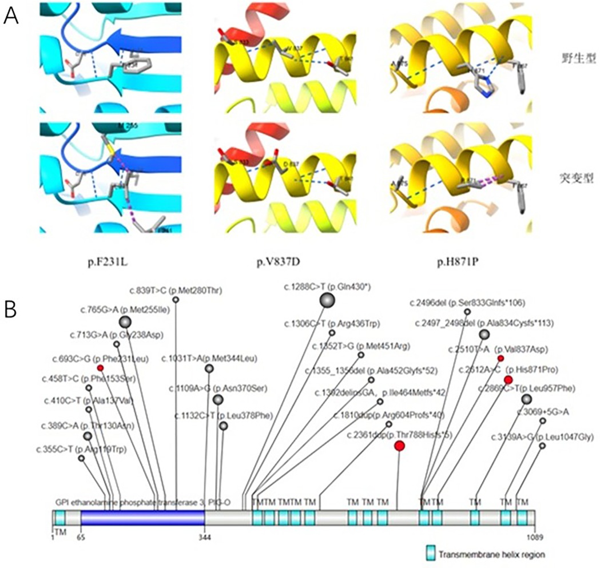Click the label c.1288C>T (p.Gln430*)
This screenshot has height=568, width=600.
[x=328, y=286]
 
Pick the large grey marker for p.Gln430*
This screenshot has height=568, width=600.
[x=327, y=299]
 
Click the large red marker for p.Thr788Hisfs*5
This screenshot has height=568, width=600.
[x=400, y=446]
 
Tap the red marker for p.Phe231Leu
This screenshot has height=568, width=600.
[x=100, y=367]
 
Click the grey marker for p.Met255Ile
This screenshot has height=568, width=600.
[x=125, y=321]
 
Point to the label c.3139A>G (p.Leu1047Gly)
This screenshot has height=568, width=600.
[x=542, y=438]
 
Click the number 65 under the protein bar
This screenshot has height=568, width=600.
[x=81, y=537]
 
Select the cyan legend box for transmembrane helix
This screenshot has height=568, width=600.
[x=432, y=553]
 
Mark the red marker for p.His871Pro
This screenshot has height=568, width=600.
[x=508, y=379]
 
